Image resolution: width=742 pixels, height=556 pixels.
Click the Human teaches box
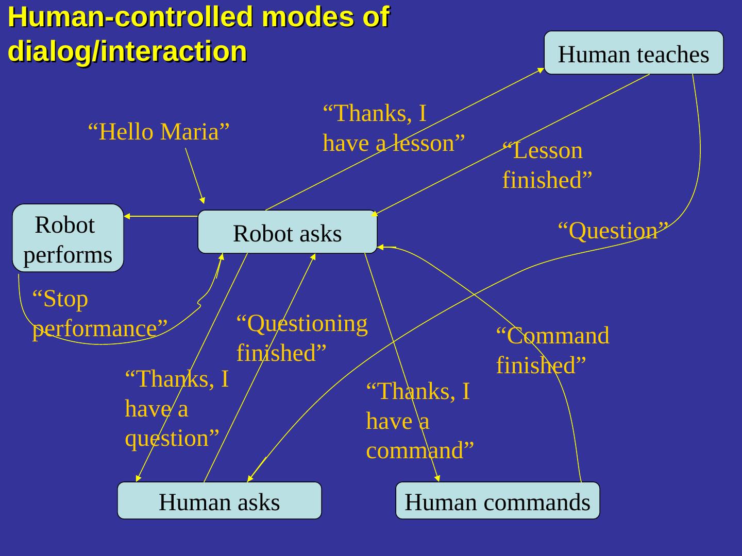coord(633,53)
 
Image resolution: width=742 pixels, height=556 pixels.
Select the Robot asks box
coord(287,232)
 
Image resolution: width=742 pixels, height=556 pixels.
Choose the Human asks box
coord(219,501)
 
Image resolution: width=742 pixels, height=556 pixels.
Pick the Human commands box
coord(497,501)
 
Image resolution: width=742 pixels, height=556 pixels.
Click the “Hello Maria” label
coord(158,132)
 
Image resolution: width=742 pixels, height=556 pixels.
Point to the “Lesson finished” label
coord(547,165)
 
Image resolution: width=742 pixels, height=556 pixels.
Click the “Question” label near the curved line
coord(613,231)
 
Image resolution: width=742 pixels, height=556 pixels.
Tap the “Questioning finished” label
coord(302,338)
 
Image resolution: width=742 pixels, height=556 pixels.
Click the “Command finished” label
coord(552,350)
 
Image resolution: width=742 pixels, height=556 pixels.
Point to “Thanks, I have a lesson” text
coord(394,128)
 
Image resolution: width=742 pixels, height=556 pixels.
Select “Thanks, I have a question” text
coord(177,409)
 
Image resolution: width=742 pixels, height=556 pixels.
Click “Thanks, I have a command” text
coord(419,421)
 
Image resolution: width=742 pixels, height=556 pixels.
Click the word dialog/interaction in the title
coord(127,51)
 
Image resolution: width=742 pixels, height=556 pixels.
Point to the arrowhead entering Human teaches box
coord(541,70)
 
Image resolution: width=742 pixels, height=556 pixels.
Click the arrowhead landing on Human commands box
coord(437,479)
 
